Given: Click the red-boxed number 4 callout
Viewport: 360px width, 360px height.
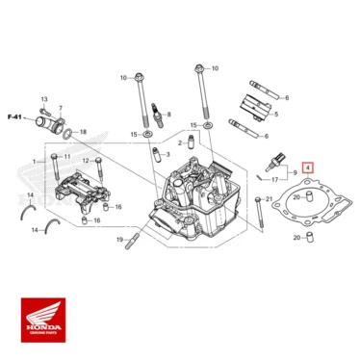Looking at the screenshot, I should [x=308, y=167].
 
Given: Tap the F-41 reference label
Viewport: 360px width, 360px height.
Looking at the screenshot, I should [x=14, y=116].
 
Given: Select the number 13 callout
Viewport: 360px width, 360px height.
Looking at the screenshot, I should [x=44, y=99].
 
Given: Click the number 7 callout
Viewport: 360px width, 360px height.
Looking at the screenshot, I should [x=61, y=108].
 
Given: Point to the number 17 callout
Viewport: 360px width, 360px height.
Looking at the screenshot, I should [x=275, y=179].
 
